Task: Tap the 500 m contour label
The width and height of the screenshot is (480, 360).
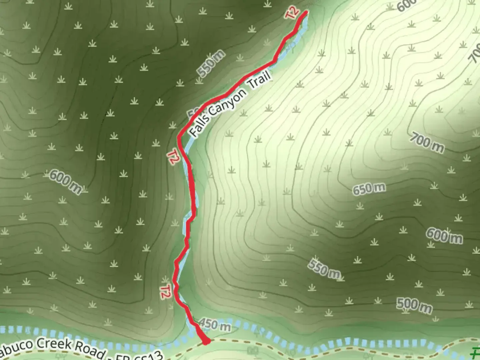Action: [x=414, y=306]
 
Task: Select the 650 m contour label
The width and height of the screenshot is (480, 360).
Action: [x=369, y=189]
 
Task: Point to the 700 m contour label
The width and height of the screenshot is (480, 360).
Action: [x=427, y=143]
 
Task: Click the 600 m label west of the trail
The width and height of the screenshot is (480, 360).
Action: [x=65, y=182]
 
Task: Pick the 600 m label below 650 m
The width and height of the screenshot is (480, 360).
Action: [x=444, y=236]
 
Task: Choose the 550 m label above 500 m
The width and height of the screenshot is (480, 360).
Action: [x=324, y=268]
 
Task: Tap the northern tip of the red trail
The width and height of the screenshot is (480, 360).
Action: [x=306, y=12]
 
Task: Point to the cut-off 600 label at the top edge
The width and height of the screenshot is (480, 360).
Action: [x=406, y=5]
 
